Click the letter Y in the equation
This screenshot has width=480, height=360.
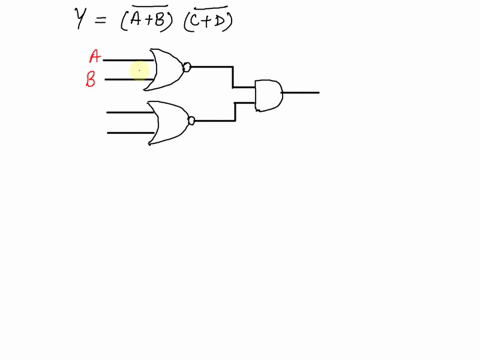pyautogui.click(x=83, y=18)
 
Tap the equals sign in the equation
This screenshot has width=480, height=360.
pyautogui.click(x=112, y=19)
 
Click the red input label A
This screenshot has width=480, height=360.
pyautogui.click(x=94, y=58)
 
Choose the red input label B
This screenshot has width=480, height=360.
pyautogui.click(x=91, y=80)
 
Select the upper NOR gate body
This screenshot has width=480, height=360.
pyautogui.click(x=165, y=68)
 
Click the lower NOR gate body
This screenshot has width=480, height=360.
pyautogui.click(x=168, y=122)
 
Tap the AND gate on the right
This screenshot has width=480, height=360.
pyautogui.click(x=269, y=94)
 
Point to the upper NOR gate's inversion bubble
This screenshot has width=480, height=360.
pyautogui.click(x=187, y=67)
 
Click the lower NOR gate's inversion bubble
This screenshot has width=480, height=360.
pyautogui.click(x=190, y=121)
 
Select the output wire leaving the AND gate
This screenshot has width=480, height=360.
pyautogui.click(x=301, y=93)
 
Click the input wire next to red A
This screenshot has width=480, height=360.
pyautogui.click(x=125, y=59)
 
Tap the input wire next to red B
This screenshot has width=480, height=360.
pyautogui.click(x=125, y=78)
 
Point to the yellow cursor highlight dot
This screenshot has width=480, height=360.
pyautogui.click(x=140, y=69)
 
